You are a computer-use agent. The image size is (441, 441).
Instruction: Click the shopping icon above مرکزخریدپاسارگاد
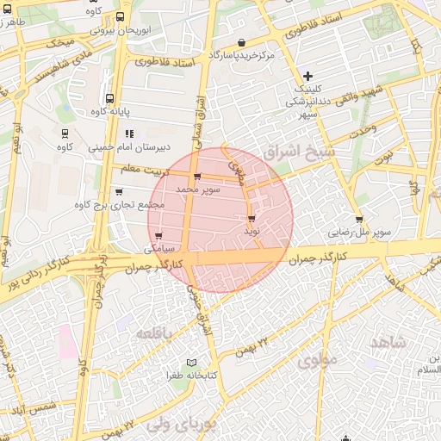point(241,42)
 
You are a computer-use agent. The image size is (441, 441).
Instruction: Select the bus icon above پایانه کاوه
point(109,98)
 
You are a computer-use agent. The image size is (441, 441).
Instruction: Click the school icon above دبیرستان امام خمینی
point(129,134)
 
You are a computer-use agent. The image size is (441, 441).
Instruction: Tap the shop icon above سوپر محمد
point(198,177)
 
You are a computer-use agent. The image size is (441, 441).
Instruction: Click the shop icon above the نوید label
point(252,219)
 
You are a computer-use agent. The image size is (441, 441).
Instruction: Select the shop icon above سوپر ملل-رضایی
point(358,220)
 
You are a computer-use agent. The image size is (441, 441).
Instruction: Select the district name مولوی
point(314,361)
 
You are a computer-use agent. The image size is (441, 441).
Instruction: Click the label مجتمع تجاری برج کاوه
point(119,204)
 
